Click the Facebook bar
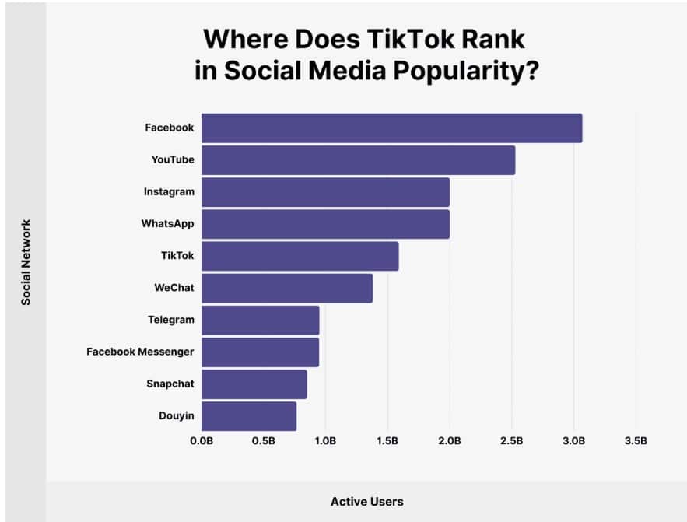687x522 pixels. (392, 128)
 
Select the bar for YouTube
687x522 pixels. (359, 160)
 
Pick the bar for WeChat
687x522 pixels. (287, 288)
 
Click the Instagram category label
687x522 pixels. (169, 191)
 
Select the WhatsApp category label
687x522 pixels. (167, 223)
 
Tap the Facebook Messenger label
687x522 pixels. (140, 352)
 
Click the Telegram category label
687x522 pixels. (170, 320)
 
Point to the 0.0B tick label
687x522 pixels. (202, 441)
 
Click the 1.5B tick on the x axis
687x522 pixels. (387, 441)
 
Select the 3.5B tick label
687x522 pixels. (636, 441)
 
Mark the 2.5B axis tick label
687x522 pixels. (512, 441)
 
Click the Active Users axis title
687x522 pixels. (367, 502)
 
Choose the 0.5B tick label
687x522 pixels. (264, 441)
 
